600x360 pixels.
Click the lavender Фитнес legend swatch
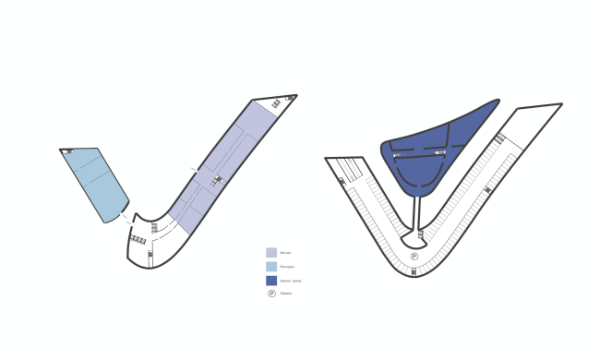coord(271,252)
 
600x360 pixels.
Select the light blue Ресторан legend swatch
coord(271,266)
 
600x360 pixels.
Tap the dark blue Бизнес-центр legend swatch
coord(271,280)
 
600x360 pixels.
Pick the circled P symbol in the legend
coord(271,294)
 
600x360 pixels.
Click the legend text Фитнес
coord(287,252)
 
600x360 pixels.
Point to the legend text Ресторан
coord(288,266)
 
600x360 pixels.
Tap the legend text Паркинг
coord(288,294)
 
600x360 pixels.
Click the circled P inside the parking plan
coord(414,256)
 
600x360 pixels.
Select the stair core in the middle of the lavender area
coord(218,180)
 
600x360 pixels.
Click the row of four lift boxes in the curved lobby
coord(138,239)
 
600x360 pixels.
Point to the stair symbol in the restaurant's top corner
coord(68,150)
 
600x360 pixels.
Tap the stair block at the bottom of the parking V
coord(414,271)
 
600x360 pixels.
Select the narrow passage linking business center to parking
coord(418,217)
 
